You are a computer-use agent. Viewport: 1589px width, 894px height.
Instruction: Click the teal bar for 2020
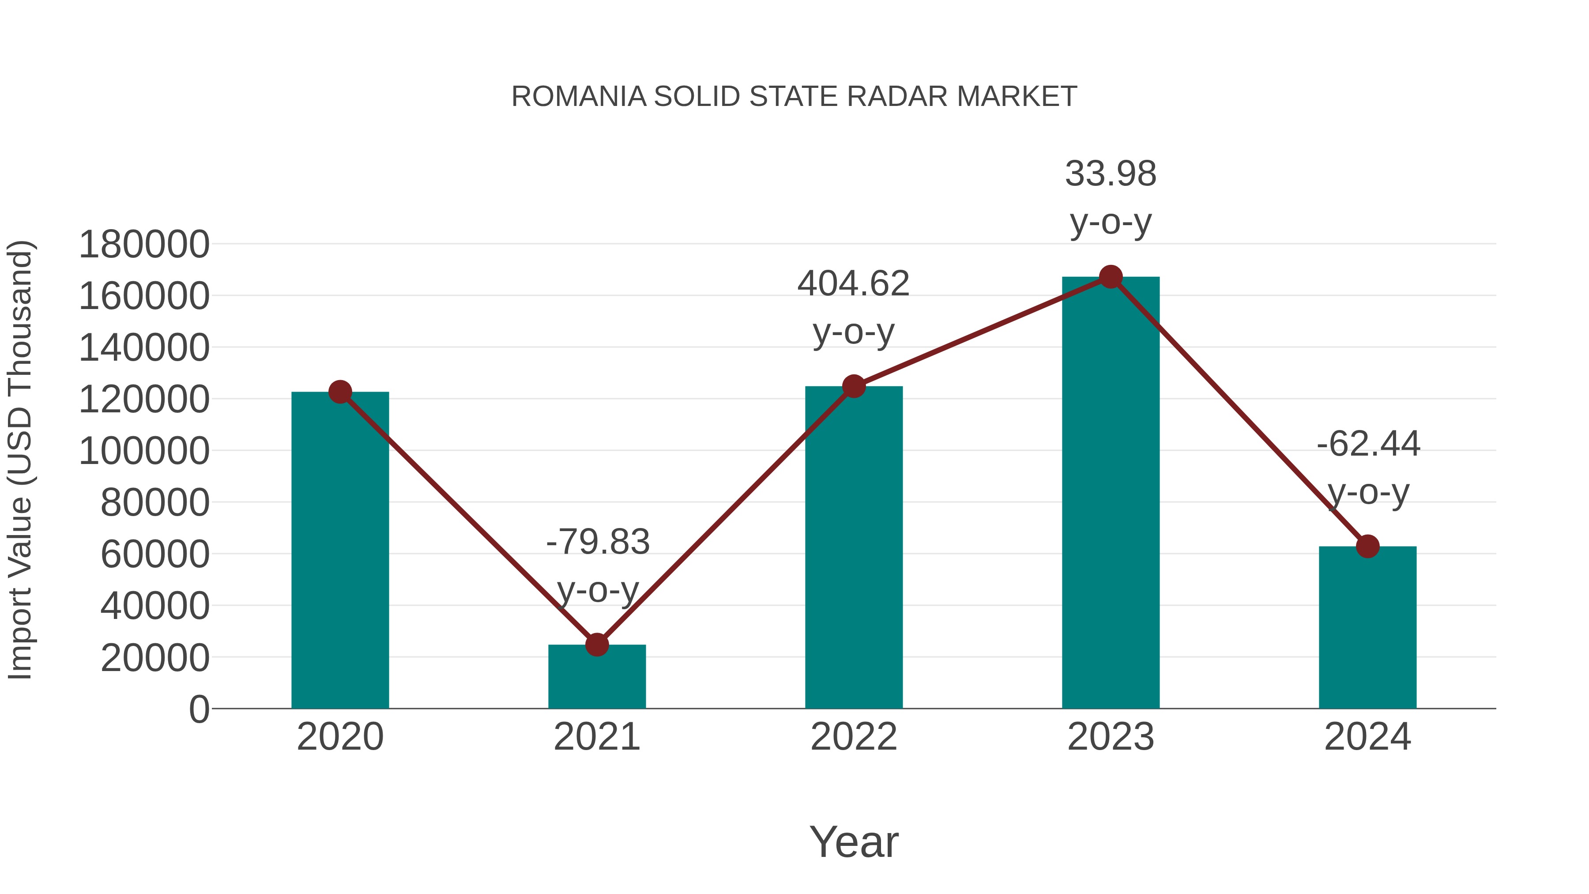[x=340, y=549]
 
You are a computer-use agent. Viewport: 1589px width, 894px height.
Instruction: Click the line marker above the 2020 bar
[x=340, y=392]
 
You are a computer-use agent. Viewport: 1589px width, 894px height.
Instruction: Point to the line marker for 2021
[x=596, y=645]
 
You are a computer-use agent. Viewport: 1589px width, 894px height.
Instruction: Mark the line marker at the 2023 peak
[x=1111, y=277]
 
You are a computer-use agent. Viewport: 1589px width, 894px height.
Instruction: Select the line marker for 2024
[x=1367, y=546]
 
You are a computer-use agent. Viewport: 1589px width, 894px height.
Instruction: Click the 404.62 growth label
[x=853, y=284]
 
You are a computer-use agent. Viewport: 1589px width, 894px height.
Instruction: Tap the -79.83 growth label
[x=598, y=542]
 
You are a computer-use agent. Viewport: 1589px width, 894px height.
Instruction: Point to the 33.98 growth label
[x=1111, y=174]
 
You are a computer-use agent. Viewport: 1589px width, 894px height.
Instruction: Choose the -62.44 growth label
[x=1368, y=444]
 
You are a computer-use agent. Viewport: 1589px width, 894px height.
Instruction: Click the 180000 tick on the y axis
[x=144, y=244]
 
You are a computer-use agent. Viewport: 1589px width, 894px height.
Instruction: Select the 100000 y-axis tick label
[x=144, y=451]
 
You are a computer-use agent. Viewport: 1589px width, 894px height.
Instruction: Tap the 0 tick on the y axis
[x=199, y=709]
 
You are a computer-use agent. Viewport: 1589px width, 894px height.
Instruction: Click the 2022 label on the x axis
[x=854, y=737]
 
